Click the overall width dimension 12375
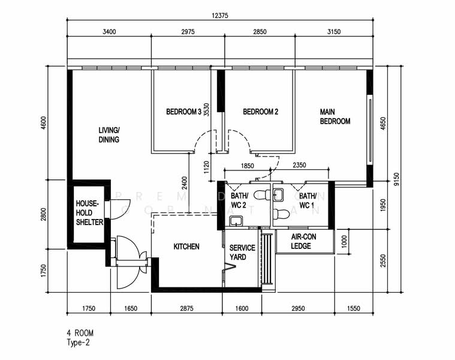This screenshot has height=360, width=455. [x=221, y=14]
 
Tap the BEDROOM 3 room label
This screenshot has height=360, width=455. [x=183, y=112]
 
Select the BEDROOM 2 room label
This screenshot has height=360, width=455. [x=260, y=112]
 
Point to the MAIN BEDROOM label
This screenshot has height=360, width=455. [x=335, y=116]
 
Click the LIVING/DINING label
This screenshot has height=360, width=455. [x=109, y=135]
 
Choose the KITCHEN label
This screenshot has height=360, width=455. [x=186, y=247]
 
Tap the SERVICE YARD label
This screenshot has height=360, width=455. [x=242, y=253]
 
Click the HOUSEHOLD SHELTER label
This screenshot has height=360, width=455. [x=89, y=213]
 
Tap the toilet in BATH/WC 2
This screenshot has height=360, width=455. [x=261, y=196]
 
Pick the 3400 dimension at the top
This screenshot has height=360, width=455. [x=109, y=31]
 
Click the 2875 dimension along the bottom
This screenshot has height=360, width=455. [x=186, y=309]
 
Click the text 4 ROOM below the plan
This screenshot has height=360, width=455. [x=80, y=332]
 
